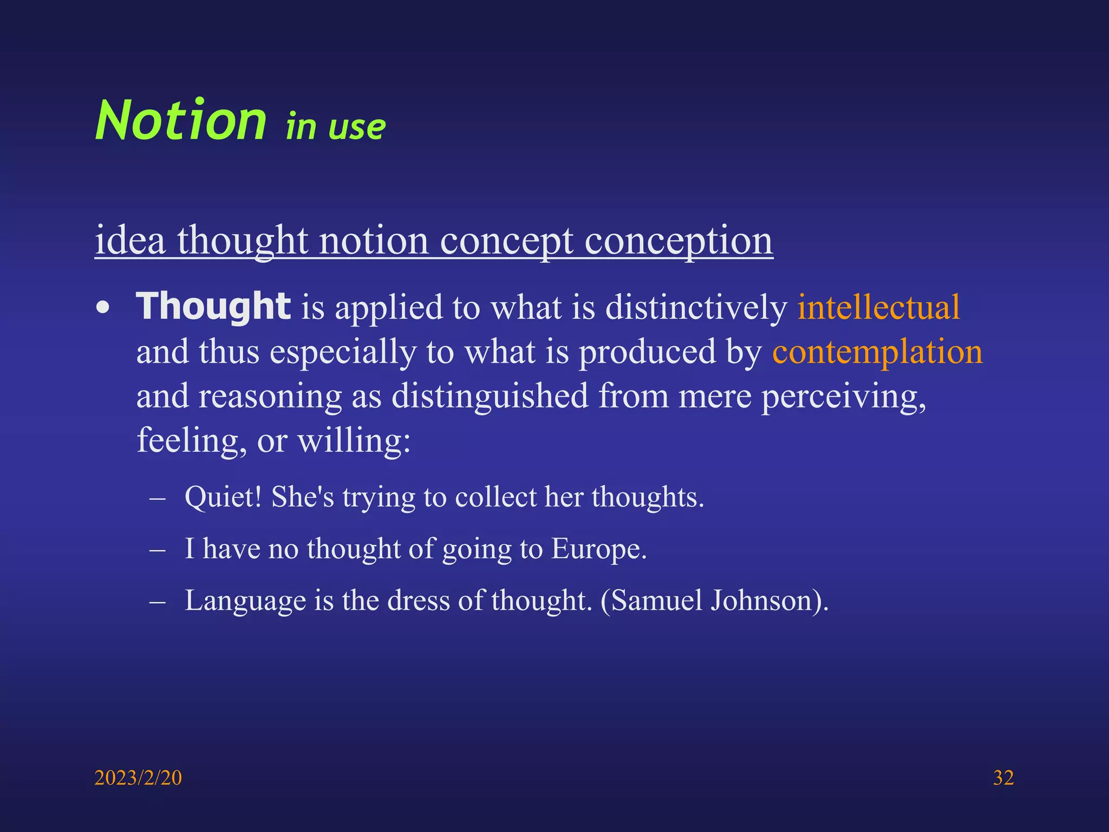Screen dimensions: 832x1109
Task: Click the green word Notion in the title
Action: click(x=181, y=120)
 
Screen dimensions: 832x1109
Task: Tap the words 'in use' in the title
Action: click(x=336, y=127)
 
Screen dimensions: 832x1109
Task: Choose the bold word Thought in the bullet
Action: click(x=213, y=307)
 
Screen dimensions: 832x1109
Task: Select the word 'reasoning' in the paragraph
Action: click(x=270, y=396)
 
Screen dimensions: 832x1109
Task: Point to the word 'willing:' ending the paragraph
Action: click(x=354, y=440)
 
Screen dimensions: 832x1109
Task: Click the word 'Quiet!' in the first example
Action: click(x=223, y=497)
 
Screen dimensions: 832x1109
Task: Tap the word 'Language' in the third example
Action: click(x=245, y=600)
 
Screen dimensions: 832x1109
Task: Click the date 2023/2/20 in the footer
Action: click(x=138, y=778)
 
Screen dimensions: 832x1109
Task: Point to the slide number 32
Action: click(x=1003, y=778)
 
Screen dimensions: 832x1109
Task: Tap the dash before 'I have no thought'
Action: click(x=157, y=549)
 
